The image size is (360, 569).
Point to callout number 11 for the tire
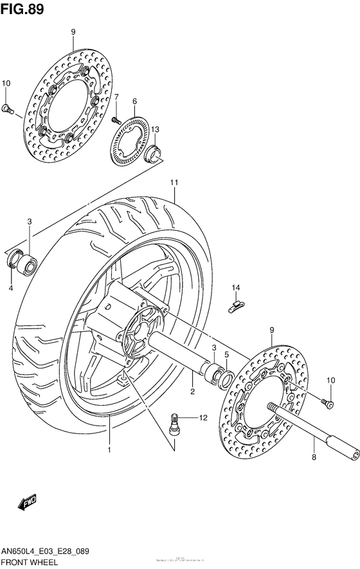tap(174, 183)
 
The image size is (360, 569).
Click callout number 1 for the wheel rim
tap(109, 449)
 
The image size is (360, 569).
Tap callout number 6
tap(135, 102)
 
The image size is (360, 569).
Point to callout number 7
tap(116, 97)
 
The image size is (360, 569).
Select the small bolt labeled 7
tap(116, 120)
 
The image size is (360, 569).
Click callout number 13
tap(155, 130)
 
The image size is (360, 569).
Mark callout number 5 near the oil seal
tap(226, 354)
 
